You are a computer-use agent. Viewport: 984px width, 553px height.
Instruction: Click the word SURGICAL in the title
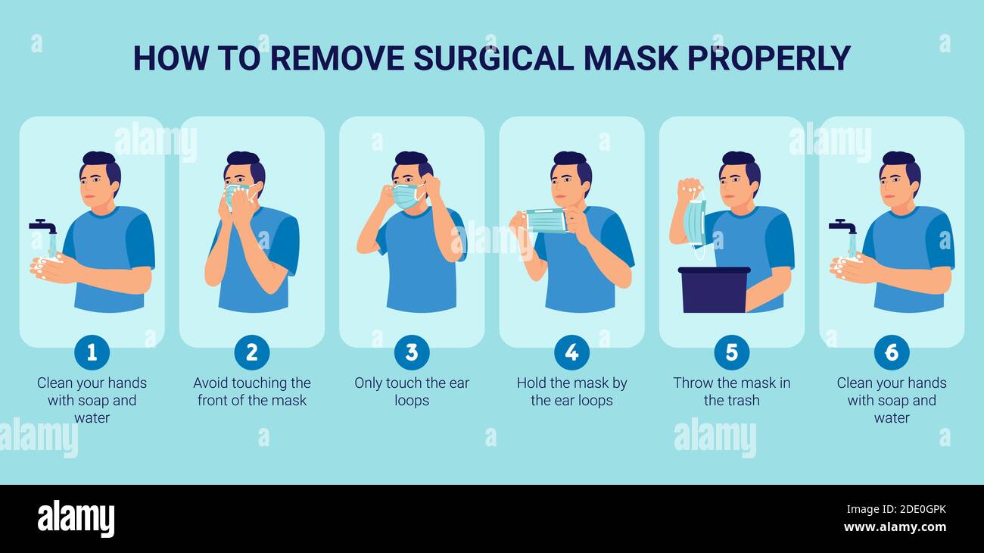pyautogui.click(x=493, y=58)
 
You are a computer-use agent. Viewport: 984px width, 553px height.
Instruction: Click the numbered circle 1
pyautogui.click(x=92, y=352)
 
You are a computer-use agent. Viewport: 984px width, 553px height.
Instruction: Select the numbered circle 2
pyautogui.click(x=252, y=352)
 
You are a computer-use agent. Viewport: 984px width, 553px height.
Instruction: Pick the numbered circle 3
pyautogui.click(x=412, y=352)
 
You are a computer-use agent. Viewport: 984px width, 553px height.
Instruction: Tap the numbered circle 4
pyautogui.click(x=571, y=352)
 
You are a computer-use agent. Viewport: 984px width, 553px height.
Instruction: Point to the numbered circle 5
pyautogui.click(x=731, y=352)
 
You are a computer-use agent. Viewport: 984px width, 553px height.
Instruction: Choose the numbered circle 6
pyautogui.click(x=892, y=352)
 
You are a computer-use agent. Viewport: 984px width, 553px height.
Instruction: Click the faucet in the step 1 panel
pyautogui.click(x=43, y=226)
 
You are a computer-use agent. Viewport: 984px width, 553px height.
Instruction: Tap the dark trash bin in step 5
pyautogui.click(x=714, y=289)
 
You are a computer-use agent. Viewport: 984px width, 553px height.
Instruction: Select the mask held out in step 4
pyautogui.click(x=546, y=220)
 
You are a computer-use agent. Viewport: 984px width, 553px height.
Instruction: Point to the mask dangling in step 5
pyautogui.click(x=694, y=224)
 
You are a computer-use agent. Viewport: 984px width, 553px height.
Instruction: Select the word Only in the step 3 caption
pyautogui.click(x=369, y=383)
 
